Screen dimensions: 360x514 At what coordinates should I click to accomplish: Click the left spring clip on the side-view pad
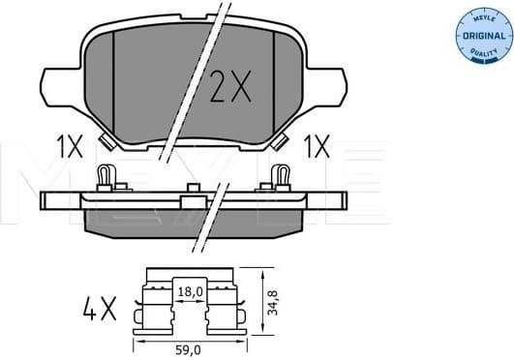tap(106, 177)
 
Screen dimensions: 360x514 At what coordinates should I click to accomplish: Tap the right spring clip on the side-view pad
tap(282, 177)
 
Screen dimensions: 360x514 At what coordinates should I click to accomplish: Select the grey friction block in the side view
tap(194, 222)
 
